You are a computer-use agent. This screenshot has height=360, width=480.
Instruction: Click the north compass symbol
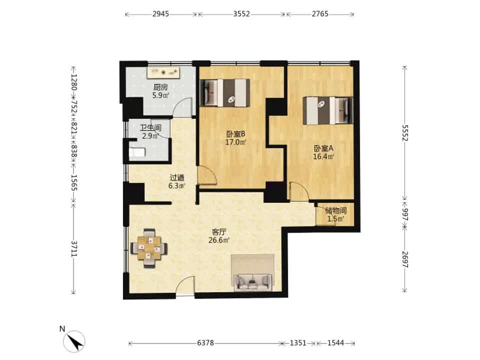74,341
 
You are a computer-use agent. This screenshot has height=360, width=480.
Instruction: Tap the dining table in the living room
149,248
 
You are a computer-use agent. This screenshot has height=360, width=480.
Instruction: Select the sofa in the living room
252,282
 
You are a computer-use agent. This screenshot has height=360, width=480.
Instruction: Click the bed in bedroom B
224,93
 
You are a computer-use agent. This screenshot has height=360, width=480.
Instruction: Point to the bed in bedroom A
328,110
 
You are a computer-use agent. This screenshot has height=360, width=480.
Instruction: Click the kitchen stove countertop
163,73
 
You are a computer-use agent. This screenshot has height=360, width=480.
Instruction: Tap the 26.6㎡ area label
219,240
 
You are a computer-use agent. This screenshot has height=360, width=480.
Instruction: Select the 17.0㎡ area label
235,142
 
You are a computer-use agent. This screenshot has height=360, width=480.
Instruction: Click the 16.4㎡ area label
323,156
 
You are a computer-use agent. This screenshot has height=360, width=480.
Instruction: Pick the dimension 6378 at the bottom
205,343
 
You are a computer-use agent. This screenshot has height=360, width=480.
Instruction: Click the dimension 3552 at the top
241,14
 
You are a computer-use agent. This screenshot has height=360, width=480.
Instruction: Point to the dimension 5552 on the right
405,133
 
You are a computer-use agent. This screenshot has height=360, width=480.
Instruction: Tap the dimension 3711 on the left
74,248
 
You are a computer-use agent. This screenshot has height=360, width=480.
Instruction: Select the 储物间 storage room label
336,210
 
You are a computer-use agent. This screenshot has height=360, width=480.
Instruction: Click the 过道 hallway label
177,177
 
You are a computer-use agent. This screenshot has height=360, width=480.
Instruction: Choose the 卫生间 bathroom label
150,127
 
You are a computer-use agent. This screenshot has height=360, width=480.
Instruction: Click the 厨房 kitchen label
160,87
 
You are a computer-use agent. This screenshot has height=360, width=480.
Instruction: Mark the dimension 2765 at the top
320,14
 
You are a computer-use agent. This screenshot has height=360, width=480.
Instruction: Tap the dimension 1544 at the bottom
336,343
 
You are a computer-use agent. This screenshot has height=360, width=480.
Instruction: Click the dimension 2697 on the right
405,259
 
